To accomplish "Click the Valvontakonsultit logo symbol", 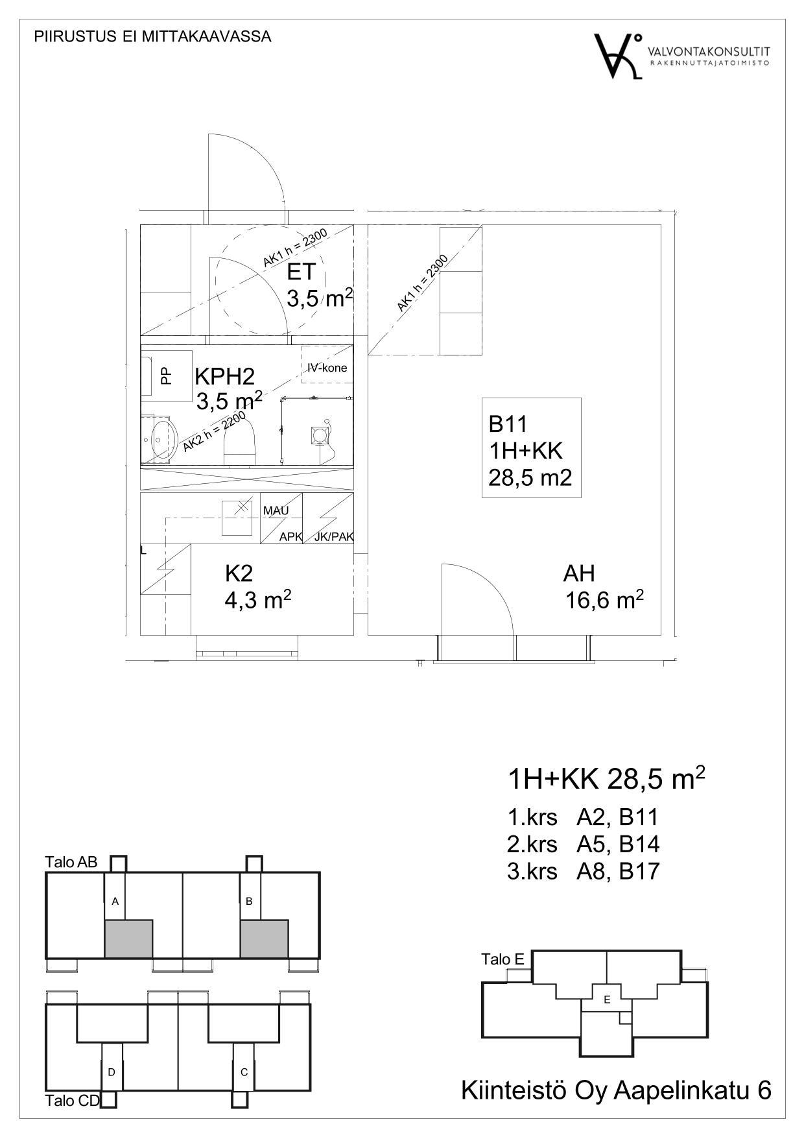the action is pos(619,56).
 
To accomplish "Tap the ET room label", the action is pos(301,272).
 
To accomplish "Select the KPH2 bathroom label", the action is pos(225,376).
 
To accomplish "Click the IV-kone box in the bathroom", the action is pos(327,368).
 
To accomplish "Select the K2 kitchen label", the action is pos(239,573).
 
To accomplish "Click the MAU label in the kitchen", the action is pos(276,511).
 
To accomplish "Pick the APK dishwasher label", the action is pos(290,537).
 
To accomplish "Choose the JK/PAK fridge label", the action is pos(334,537).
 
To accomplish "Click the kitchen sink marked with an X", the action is pos(237,518).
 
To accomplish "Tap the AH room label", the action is pos(579,573).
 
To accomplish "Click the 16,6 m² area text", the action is pos(604,600).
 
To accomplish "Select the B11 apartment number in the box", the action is pos(508,424).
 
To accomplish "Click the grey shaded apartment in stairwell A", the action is pos(128,938).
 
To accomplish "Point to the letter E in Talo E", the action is pos(607,999).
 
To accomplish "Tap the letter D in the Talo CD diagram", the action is pos(112,1072).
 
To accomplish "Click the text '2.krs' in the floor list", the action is pos(532,844).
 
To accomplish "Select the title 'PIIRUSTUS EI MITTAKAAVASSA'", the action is pos(152,37).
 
